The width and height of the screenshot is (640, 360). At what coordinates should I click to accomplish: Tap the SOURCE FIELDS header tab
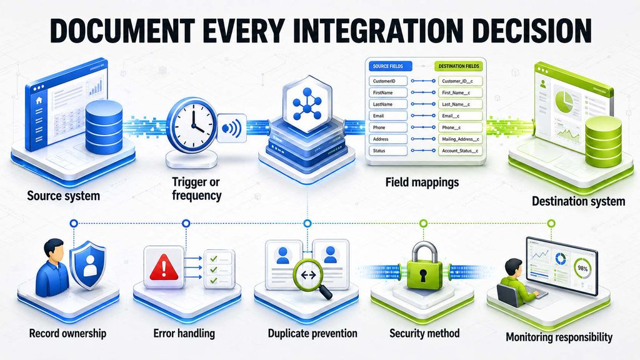point(390,66)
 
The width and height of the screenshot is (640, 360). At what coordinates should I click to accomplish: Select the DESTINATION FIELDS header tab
point(458,66)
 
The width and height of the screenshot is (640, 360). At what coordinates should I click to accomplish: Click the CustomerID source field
point(387,81)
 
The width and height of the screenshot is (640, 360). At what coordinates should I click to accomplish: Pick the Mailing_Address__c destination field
point(461,139)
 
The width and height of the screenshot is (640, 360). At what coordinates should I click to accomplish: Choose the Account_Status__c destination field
point(461,151)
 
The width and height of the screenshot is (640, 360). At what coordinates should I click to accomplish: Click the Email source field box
point(387,116)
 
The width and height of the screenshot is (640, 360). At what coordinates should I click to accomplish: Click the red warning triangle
point(164,267)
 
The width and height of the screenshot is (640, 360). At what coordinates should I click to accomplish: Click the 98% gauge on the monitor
point(582,268)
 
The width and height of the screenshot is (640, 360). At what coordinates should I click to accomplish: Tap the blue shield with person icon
point(87,265)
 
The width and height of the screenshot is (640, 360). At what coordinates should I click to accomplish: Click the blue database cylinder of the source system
point(104,127)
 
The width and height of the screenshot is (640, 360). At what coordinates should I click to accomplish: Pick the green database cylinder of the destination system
point(603,141)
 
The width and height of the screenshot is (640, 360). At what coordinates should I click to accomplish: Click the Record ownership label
point(67,334)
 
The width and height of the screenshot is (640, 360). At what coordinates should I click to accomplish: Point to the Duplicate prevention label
point(312,334)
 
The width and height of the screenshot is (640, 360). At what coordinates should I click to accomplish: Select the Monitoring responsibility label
point(559,337)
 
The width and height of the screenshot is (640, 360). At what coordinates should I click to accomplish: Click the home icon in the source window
point(39,101)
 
